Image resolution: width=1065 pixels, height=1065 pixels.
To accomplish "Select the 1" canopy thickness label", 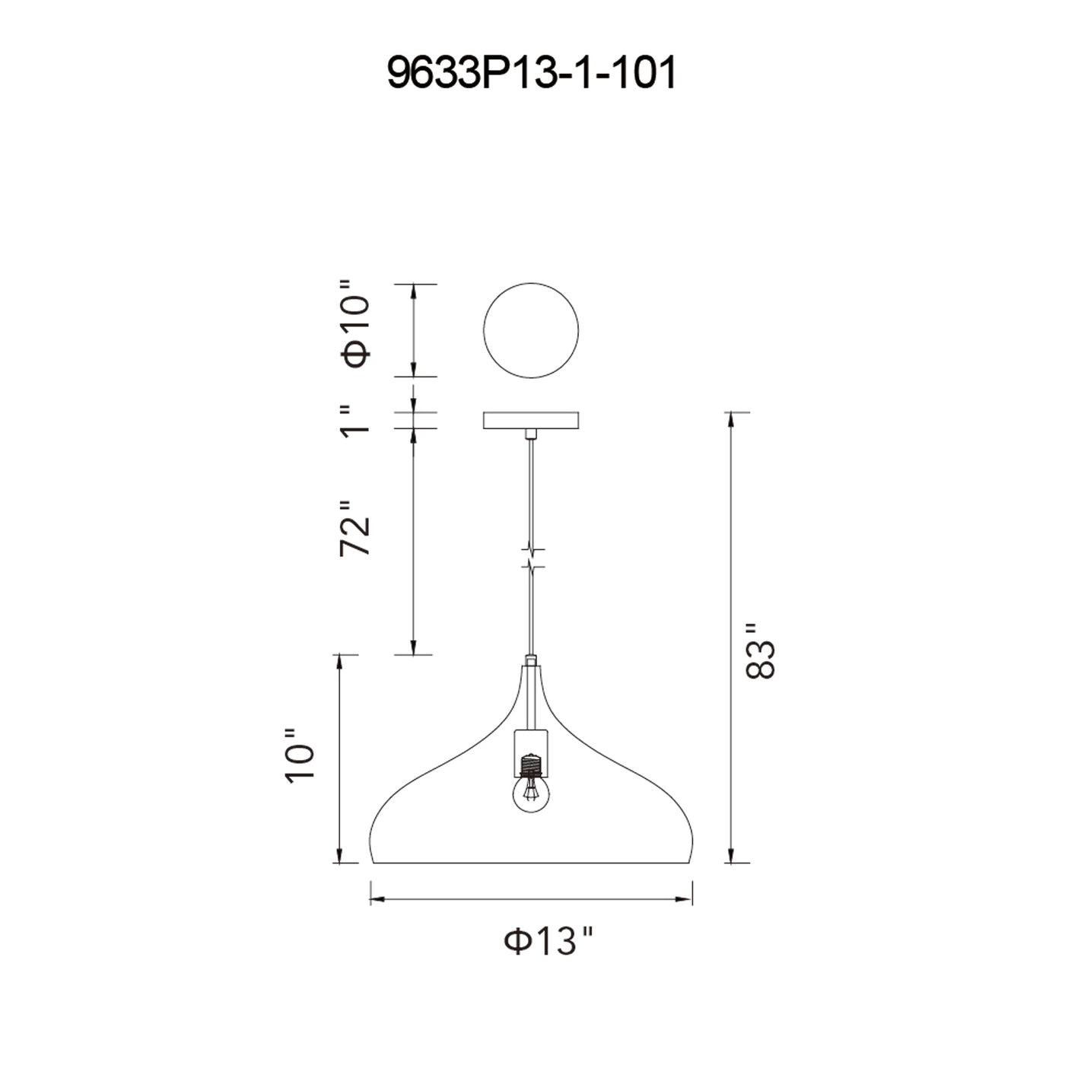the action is pos(354,421).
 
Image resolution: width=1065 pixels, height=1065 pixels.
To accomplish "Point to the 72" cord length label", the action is pos(354,529).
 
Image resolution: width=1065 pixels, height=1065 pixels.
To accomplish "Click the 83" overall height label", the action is pos(761,652).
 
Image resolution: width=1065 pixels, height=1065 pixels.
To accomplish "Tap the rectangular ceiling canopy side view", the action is pos(530,420).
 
